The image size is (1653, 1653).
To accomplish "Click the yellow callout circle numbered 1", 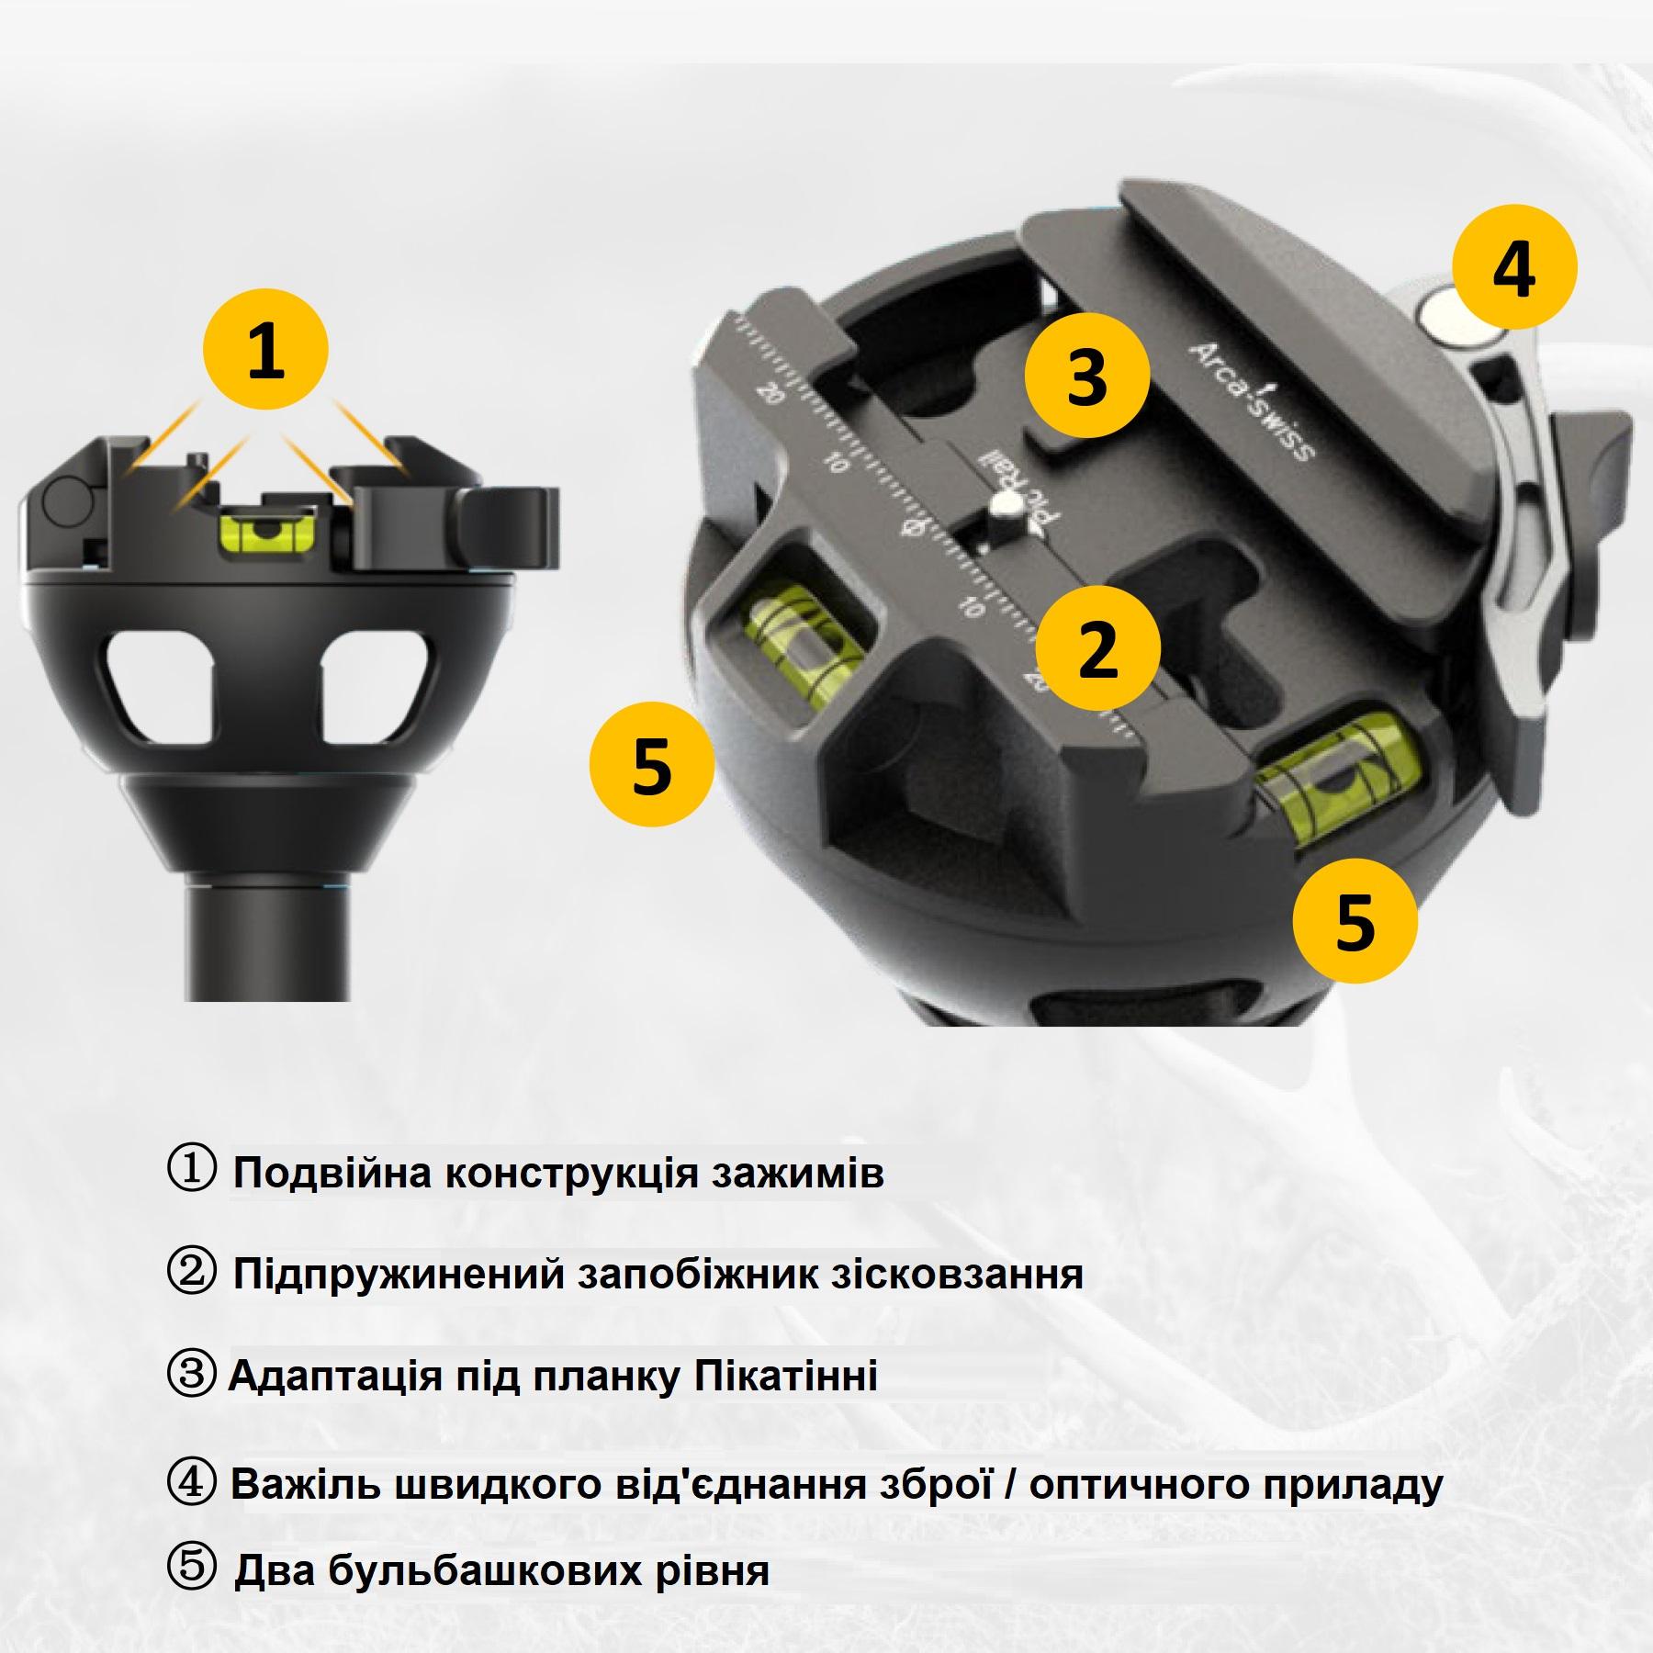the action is tap(265, 353).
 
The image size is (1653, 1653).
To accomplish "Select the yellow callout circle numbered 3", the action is tap(1087, 377).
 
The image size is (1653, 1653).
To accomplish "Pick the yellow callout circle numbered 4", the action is tap(1514, 267).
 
